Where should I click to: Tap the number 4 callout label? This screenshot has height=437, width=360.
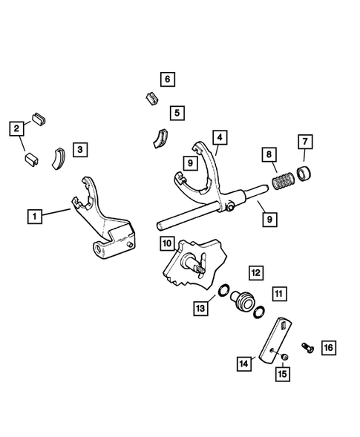coord(218,137)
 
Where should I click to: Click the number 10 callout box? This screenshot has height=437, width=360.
coord(166,243)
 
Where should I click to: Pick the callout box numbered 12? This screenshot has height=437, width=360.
coord(255,272)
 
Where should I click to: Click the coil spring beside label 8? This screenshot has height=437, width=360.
coord(283,182)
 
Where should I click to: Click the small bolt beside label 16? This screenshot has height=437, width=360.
coord(307,346)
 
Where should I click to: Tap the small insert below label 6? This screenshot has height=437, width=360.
coord(150,97)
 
